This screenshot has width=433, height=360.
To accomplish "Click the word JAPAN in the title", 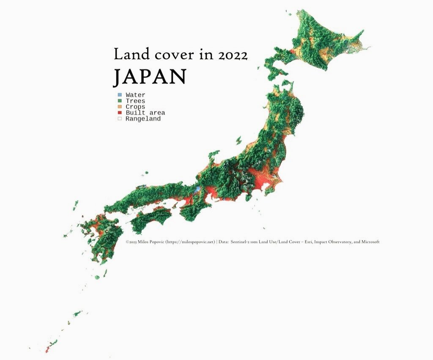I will click(150, 77).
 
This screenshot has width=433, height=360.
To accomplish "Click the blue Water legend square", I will click(120, 95).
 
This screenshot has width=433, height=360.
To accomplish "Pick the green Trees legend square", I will click(120, 101).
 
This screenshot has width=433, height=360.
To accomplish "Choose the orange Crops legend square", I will click(120, 107).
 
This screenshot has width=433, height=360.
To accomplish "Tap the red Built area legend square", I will click(120, 113).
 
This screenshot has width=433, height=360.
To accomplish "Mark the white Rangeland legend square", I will click(120, 119).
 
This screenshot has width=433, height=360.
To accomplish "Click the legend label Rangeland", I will click(143, 119).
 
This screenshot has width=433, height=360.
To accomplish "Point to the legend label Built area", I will click(145, 113).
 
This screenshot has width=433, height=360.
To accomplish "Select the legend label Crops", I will click(135, 107).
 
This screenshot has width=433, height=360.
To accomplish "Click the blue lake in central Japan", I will click(197, 190).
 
